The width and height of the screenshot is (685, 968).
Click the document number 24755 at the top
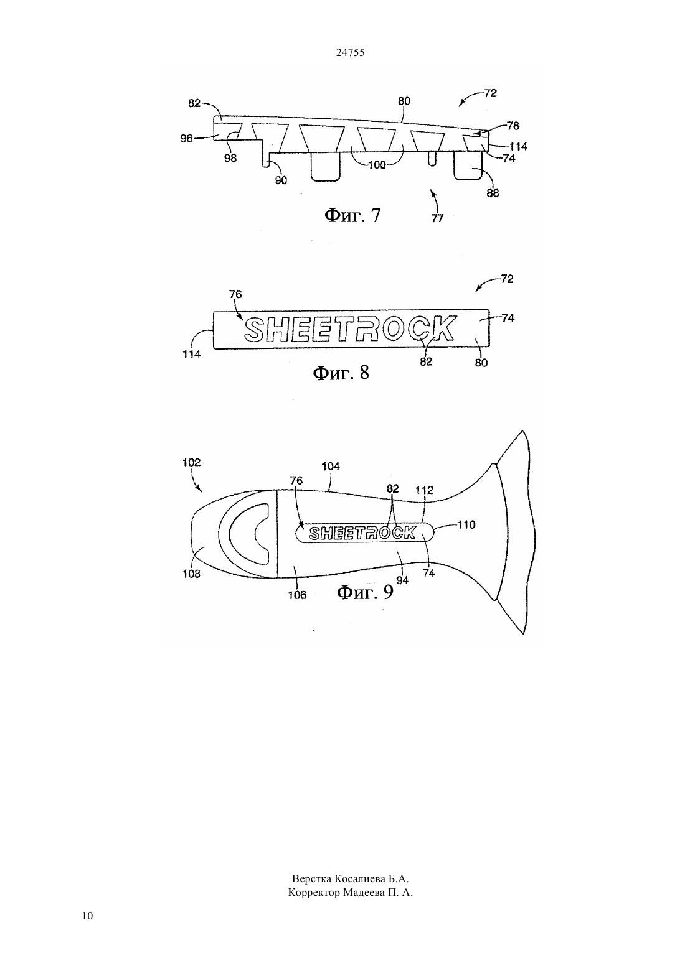pyautogui.click(x=350, y=52)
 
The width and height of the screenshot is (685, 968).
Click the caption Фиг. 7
pyautogui.click(x=352, y=215)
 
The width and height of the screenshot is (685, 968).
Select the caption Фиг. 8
pyautogui.click(x=341, y=373)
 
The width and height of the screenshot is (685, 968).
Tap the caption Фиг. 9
pyautogui.click(x=365, y=592)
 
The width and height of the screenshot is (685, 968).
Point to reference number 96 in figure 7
pyautogui.click(x=186, y=139)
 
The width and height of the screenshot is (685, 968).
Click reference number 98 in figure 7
pyautogui.click(x=230, y=158)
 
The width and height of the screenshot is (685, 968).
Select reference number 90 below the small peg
pyautogui.click(x=281, y=180)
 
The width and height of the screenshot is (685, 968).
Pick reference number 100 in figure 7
pyautogui.click(x=377, y=165)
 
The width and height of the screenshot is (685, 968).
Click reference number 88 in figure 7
pyautogui.click(x=493, y=193)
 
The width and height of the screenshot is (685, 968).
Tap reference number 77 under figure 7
pyautogui.click(x=437, y=218)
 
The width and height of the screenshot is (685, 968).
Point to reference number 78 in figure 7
pyautogui.click(x=513, y=126)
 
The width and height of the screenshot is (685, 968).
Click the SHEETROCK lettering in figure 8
pyautogui.click(x=350, y=328)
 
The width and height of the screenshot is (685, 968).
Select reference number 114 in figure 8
pyautogui.click(x=191, y=355)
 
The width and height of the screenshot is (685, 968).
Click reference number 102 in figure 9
pyautogui.click(x=192, y=462)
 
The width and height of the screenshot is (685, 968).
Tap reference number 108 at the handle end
pyautogui.click(x=192, y=574)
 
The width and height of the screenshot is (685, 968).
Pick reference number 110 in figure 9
pyautogui.click(x=466, y=524)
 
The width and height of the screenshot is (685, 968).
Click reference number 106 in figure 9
pyautogui.click(x=297, y=595)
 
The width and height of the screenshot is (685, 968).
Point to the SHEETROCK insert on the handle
pyautogui.click(x=364, y=533)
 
